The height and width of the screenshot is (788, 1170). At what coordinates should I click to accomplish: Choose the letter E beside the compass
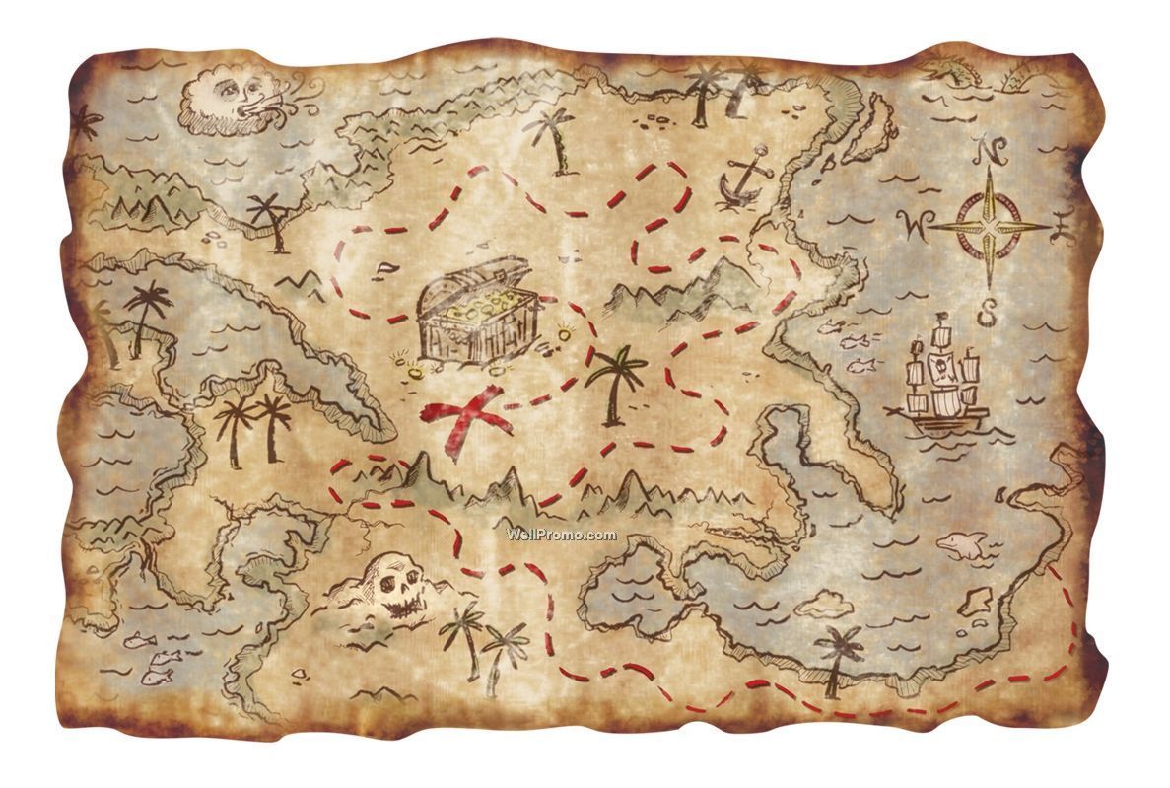click(1062, 228)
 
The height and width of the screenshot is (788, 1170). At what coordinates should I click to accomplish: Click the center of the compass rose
click(990, 228)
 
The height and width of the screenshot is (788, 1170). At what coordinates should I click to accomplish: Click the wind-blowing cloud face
click(227, 99)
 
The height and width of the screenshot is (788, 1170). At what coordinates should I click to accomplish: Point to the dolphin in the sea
click(962, 544)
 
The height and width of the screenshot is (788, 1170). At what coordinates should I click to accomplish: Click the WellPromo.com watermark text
click(562, 535)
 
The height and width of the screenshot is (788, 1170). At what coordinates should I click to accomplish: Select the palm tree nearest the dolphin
click(839, 656)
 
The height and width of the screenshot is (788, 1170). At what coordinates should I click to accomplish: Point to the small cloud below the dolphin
click(820, 601)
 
